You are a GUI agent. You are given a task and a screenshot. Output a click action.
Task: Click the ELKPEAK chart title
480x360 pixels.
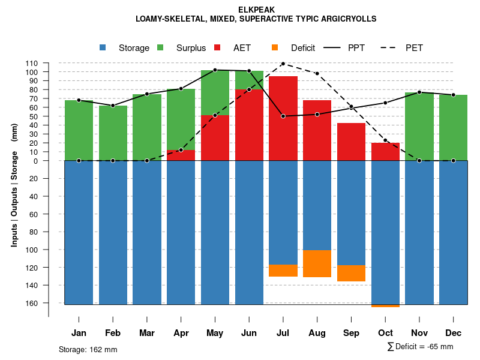click(256, 10)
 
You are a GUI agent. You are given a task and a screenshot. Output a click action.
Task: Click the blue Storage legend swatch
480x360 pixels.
click(103, 47)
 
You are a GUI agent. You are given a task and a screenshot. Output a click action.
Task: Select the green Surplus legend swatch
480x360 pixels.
click(160, 47)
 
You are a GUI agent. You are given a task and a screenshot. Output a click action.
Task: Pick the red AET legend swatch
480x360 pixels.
click(217, 47)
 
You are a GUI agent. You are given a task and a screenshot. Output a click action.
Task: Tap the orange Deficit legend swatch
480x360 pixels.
click(275, 47)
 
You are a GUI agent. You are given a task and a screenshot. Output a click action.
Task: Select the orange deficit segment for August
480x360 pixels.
click(317, 263)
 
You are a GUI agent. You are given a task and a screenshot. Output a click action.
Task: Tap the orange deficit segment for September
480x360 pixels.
click(352, 273)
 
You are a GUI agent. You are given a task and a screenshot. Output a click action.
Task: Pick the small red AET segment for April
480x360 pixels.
click(181, 155)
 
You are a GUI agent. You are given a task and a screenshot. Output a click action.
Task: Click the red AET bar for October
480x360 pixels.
click(386, 152)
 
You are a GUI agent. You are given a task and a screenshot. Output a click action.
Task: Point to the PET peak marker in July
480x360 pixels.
click(283, 64)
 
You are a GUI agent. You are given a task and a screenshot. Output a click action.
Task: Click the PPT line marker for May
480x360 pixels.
click(215, 70)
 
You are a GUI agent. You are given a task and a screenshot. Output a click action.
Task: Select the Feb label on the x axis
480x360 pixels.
click(113, 333)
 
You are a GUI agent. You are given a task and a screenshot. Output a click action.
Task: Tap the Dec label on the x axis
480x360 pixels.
click(454, 333)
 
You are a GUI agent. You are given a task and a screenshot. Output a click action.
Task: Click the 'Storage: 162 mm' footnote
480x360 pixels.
click(88, 349)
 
